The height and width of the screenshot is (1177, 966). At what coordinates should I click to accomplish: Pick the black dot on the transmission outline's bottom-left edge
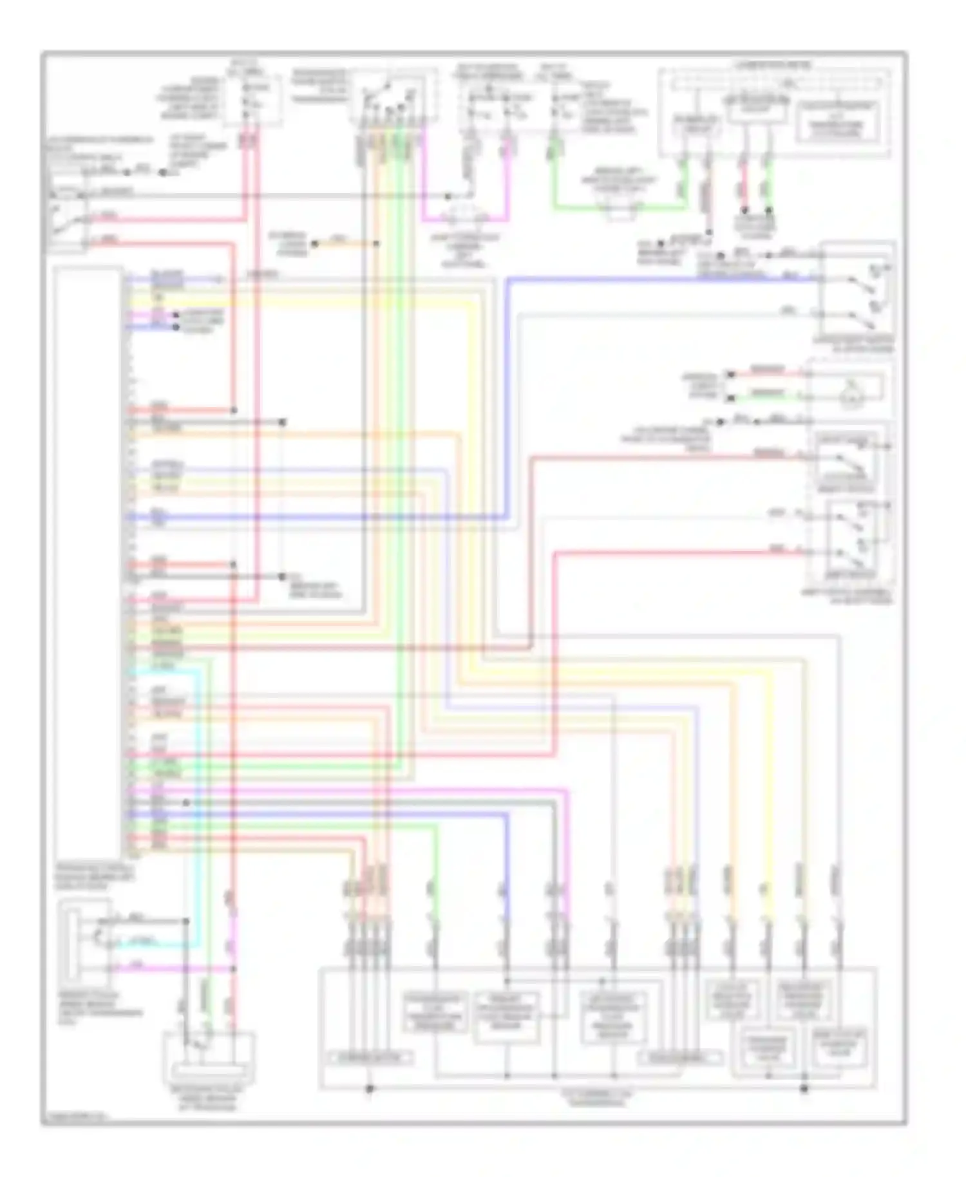pos(370,1089)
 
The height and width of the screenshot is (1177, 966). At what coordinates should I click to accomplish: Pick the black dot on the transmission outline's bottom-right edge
pos(804,1089)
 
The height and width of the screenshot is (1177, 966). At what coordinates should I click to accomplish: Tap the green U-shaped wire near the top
pos(618,207)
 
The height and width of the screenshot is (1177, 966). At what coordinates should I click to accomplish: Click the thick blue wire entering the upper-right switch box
pos(644,279)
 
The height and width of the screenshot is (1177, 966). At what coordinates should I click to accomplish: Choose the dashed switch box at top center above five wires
pos(393,97)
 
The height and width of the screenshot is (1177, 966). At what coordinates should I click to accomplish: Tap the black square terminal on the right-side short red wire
pos(730,374)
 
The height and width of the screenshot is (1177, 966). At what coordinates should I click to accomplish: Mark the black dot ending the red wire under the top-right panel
pos(744,211)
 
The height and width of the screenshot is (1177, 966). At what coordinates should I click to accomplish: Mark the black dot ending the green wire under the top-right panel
pos(769,211)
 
